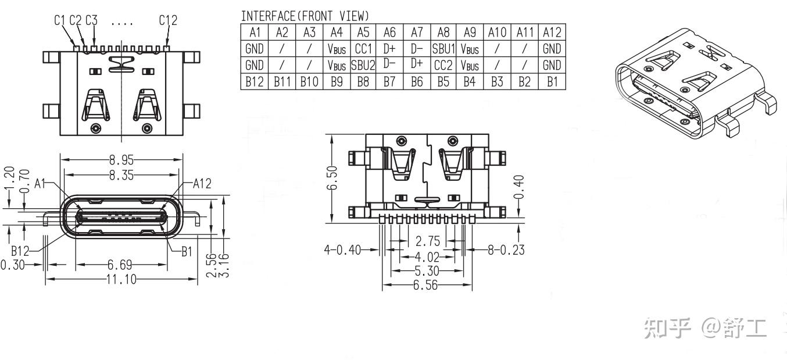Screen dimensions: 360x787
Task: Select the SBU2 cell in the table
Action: [363, 65]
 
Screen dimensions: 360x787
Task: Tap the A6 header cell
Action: [389, 33]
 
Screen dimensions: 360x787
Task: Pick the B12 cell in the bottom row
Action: [254, 81]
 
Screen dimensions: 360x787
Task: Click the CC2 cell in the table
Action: [443, 65]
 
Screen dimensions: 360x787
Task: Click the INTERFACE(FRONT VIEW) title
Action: [305, 16]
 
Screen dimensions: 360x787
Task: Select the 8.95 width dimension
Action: [121, 159]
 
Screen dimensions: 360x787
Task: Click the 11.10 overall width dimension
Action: [121, 280]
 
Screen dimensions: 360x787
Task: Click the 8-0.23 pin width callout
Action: [506, 250]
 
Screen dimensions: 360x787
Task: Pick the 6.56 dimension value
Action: [427, 285]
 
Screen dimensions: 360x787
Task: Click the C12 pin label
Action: [168, 20]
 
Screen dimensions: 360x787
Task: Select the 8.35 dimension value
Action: [121, 174]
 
